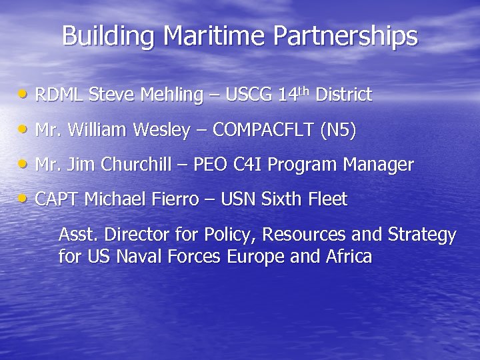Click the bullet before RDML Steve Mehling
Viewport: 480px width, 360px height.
(x=24, y=95)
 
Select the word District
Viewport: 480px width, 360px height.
(x=343, y=95)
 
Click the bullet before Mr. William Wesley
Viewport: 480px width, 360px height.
(x=24, y=130)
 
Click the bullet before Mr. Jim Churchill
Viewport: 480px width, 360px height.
(x=24, y=164)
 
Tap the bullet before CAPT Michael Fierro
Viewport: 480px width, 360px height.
(x=24, y=199)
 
